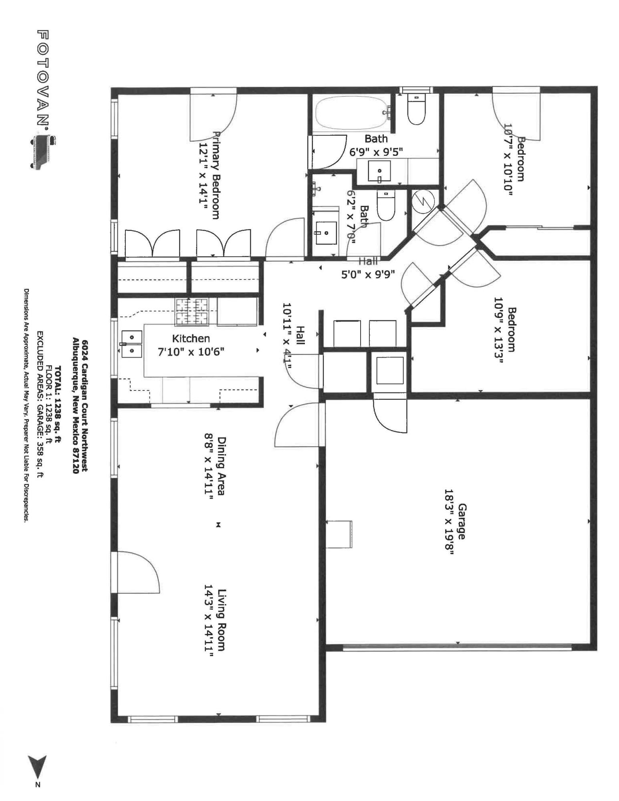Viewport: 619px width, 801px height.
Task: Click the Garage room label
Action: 461,521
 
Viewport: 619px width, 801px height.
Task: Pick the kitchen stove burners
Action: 192,312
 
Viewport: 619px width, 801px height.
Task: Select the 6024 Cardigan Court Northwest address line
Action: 85,406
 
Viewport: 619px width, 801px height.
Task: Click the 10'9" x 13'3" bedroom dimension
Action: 498,330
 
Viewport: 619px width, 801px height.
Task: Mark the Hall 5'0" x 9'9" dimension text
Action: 368,274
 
